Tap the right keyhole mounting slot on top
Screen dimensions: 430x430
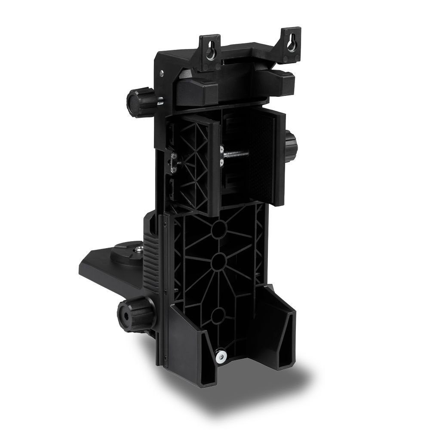point(292,44)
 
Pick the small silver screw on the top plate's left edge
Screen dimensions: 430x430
point(161,74)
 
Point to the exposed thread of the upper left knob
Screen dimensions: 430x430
point(160,101)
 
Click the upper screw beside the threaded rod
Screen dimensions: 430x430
point(221,150)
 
